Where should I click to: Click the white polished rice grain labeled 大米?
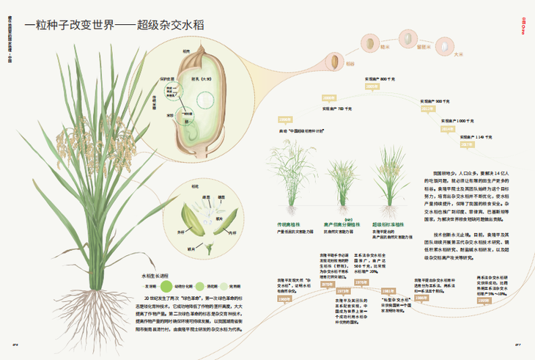[444, 42]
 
